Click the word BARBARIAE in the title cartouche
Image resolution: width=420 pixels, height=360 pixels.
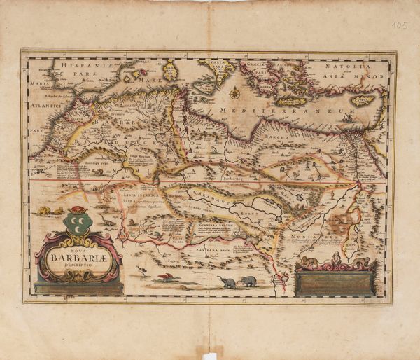pyautogui.click(x=78, y=254)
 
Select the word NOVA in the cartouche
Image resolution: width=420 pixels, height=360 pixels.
pyautogui.click(x=77, y=245)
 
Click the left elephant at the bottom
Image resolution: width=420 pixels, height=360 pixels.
pyautogui.click(x=227, y=282)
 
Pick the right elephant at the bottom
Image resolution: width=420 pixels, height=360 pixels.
pyautogui.click(x=248, y=281)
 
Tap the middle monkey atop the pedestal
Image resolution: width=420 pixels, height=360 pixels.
pyautogui.click(x=335, y=260)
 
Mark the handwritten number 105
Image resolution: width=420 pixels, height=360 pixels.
pyautogui.click(x=400, y=25)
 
